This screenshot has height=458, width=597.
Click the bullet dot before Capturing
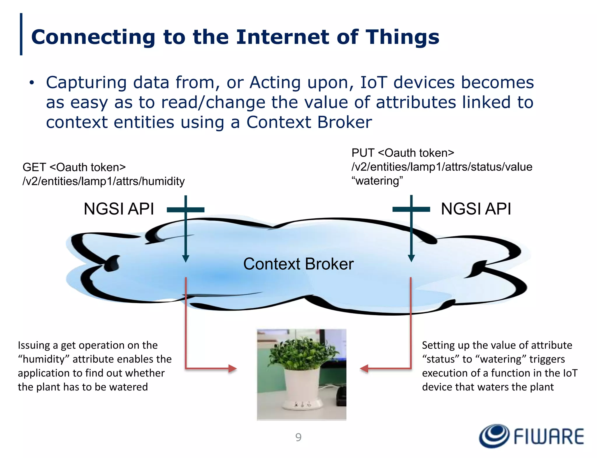[31, 83]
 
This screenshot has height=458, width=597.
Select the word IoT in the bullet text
[374, 82]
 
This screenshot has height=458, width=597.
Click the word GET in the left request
[34, 167]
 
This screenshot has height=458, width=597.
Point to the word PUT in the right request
[363, 153]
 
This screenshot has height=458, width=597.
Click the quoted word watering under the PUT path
[377, 181]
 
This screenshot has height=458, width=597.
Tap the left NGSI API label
[119, 209]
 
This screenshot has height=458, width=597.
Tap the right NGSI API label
[476, 209]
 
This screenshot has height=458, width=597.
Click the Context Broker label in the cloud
[298, 264]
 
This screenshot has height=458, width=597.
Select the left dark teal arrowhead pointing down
[186, 258]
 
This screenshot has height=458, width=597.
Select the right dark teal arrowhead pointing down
[411, 258]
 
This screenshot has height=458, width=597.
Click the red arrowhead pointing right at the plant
[232, 369]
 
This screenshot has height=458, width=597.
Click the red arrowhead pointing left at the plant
[364, 369]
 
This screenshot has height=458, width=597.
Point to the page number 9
[298, 437]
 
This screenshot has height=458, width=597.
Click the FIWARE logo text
[549, 436]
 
